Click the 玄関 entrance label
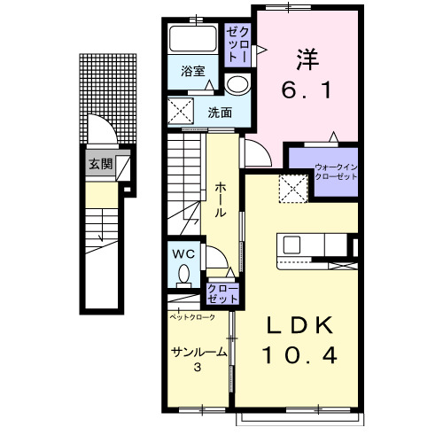tap(101, 164)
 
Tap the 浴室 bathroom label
tap(193, 71)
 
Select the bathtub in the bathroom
tap(193, 39)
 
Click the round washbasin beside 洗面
tap(237, 85)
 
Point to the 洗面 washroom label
tap(220, 113)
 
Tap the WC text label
tap(183, 254)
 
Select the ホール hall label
tap(221, 200)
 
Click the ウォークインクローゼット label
tap(336, 172)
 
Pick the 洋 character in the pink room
tap(307, 59)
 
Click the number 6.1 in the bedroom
tap(307, 90)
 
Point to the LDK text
tap(299, 325)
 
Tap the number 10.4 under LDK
tap(299, 355)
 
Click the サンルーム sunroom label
tap(199, 352)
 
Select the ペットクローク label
tap(192, 317)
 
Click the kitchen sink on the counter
tap(291, 245)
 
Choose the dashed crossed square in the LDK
tap(293, 189)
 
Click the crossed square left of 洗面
tap(181, 111)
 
